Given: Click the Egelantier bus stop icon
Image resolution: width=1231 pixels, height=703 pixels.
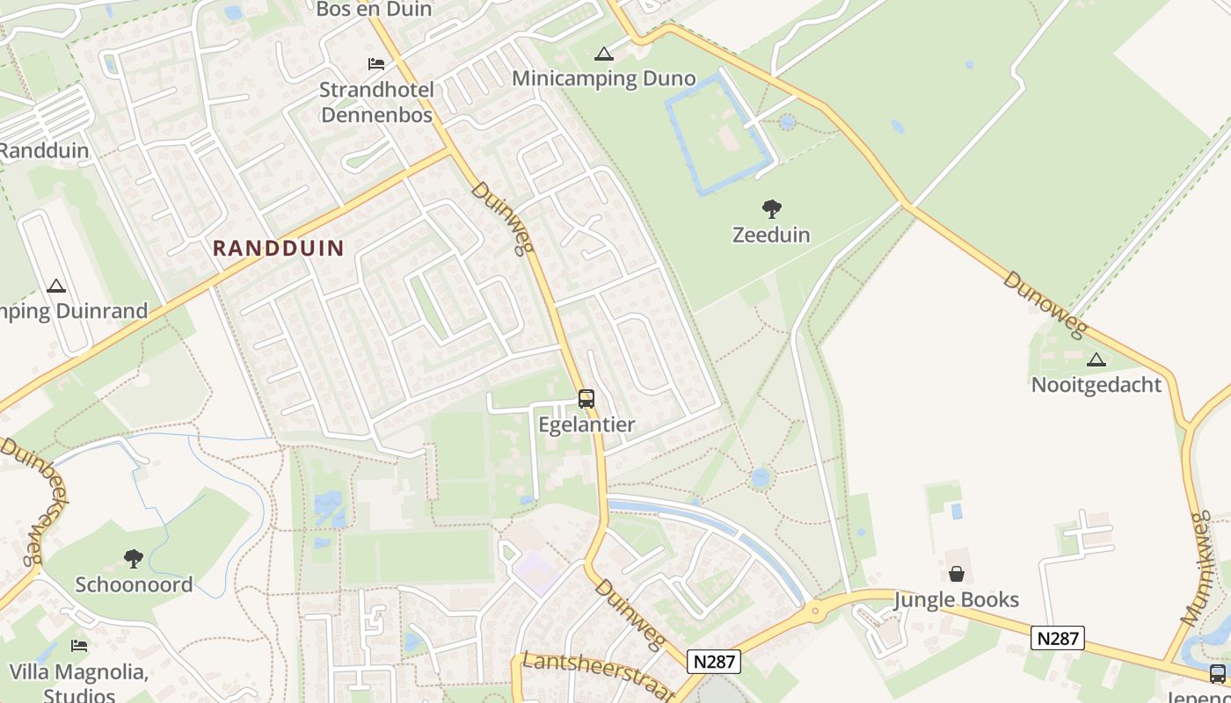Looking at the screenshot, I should click(586, 399).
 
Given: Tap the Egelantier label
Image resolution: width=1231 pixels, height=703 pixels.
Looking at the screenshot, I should click(586, 424).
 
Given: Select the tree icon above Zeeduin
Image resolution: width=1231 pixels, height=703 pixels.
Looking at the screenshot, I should click(771, 209).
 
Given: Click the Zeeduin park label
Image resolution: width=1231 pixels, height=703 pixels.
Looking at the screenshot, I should click(771, 235).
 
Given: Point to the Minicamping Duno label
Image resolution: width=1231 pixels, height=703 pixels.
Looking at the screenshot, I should click(603, 78).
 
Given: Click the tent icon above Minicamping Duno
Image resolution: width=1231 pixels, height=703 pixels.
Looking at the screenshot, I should click(603, 54).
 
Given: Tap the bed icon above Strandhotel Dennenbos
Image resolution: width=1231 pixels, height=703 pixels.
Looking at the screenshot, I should click(376, 64).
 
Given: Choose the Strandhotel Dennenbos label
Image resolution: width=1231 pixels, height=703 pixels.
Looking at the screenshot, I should click(376, 102).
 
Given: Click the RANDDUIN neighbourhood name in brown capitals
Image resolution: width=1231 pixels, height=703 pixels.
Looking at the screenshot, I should click(278, 248).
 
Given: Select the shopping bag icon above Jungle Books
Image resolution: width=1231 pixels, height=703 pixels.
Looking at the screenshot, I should click(956, 575).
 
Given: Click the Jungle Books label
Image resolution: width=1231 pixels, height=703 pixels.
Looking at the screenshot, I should click(956, 600).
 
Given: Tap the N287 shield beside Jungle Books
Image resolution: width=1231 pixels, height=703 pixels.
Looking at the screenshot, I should click(1058, 638).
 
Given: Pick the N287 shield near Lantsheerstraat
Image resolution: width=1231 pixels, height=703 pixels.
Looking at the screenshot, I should click(715, 661).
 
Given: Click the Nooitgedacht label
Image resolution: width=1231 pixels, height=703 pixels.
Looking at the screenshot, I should click(1096, 385).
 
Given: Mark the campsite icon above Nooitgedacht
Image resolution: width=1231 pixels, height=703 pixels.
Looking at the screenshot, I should click(1096, 359).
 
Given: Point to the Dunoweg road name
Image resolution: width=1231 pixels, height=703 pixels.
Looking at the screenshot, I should click(1045, 304).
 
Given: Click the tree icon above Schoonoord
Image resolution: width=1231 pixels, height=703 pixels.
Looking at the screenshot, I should click(134, 559).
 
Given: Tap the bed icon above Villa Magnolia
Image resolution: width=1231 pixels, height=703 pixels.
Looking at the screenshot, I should click(79, 646).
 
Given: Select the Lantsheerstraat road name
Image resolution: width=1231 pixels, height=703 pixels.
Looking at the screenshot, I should click(597, 675).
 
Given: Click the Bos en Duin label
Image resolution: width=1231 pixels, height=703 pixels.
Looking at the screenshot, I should click(373, 10).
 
